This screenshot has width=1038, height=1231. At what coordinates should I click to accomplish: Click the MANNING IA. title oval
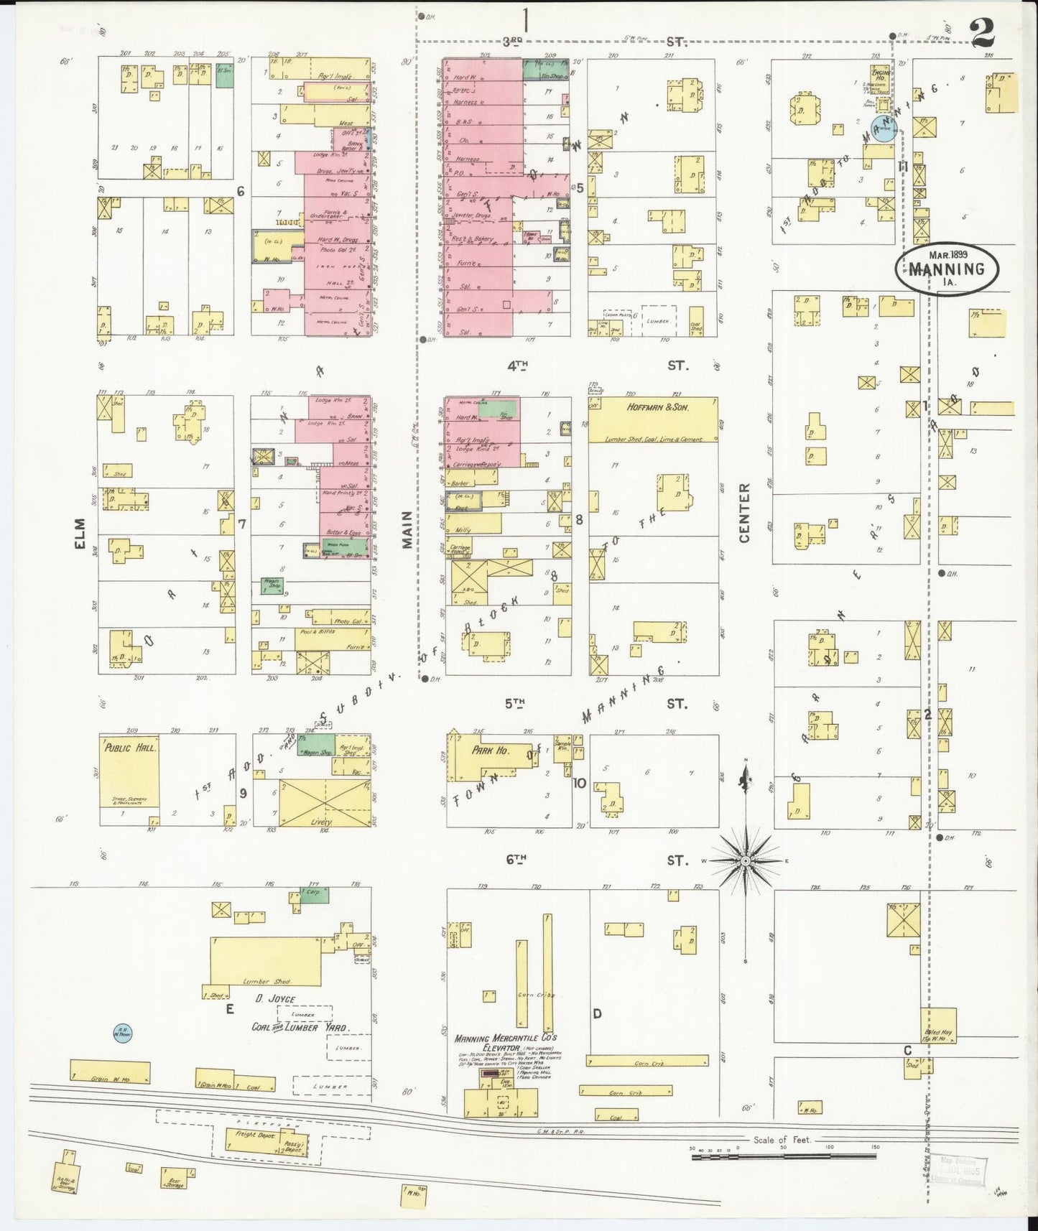946,269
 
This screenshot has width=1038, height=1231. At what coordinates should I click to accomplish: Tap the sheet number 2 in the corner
982,34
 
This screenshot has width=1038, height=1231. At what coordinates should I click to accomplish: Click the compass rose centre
746,860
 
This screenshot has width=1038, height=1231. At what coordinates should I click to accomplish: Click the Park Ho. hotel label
491,750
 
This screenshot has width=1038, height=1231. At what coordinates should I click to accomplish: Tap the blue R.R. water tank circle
122,1033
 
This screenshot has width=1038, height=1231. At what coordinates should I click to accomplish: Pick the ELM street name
80,534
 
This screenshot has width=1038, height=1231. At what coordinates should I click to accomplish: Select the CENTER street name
744,513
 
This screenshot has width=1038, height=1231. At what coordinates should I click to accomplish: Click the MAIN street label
407,530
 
